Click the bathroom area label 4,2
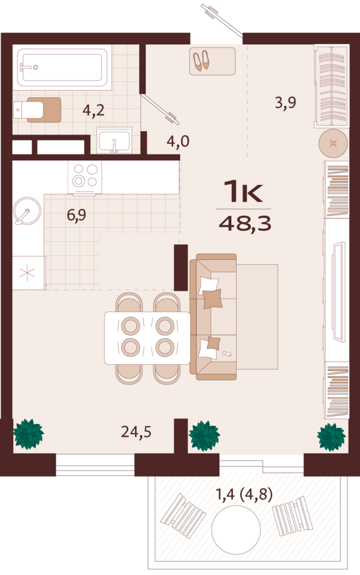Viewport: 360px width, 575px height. coord(93,110)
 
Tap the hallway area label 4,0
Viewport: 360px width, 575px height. coord(178,141)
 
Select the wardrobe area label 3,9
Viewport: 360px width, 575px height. coord(285,102)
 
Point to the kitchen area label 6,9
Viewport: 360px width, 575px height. coord(76,215)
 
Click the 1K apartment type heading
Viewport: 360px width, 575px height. coord(243,191)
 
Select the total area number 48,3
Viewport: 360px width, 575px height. coord(245,223)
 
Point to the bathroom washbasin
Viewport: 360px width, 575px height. coord(114,140)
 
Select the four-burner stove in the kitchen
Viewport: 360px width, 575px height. coord(85,177)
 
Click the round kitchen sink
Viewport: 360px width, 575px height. coord(27,211)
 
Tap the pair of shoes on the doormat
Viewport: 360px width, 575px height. coord(201,61)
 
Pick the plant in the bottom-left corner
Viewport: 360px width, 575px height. coord(28,434)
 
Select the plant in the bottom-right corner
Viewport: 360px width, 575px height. coord(332,437)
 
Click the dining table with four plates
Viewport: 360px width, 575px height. coord(147,338)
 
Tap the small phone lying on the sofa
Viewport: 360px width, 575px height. coord(227,354)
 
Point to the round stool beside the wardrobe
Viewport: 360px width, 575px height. coord(333,143)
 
